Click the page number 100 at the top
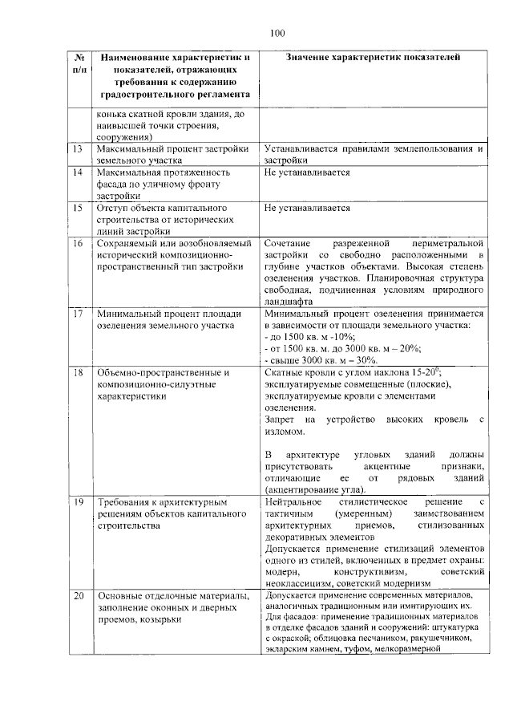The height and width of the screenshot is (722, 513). [x=277, y=33]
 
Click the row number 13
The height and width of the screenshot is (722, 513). [x=78, y=150]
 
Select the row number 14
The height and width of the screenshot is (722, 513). [x=78, y=172]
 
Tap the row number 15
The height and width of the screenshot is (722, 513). [x=78, y=208]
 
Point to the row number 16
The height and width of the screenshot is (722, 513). [x=78, y=242]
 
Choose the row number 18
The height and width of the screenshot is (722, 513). [x=78, y=372]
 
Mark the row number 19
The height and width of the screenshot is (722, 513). [x=78, y=501]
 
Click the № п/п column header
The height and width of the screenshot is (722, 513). [x=79, y=64]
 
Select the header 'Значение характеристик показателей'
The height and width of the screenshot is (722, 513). [x=374, y=58]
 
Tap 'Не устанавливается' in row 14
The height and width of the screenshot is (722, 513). [x=307, y=172]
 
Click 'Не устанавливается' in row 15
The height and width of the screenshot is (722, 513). [x=307, y=208]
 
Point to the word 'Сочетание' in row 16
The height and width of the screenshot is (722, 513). [x=287, y=242]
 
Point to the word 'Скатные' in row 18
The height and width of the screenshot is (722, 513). [x=282, y=372]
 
